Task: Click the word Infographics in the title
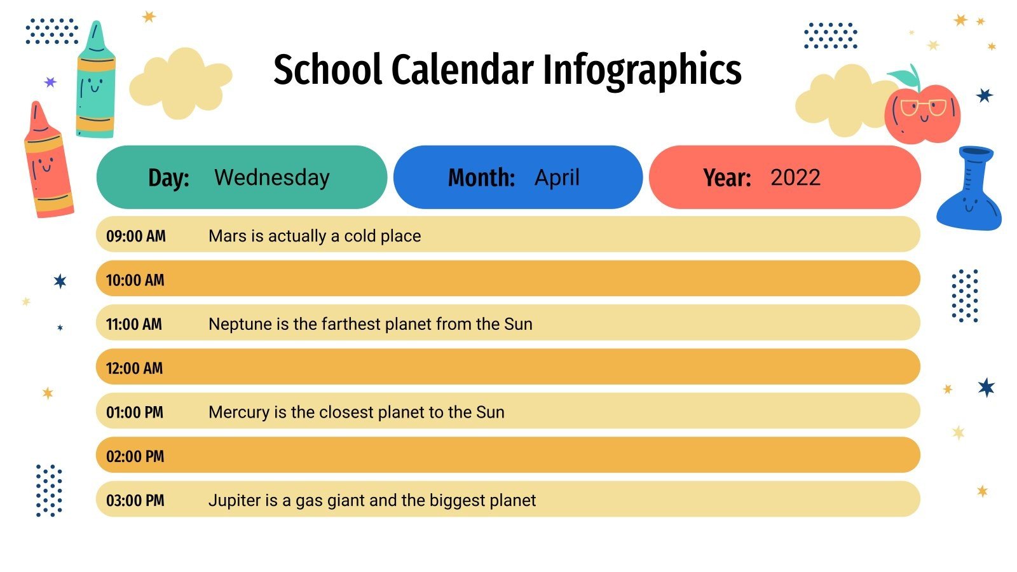pos(642,70)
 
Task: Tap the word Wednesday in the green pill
pos(272,177)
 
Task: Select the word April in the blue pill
pos(557,177)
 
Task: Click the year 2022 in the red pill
pos(795,177)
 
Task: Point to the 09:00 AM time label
pos(136,236)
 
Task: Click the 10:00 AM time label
pos(135,280)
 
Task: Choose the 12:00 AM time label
pos(135,369)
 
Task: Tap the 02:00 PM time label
pos(135,456)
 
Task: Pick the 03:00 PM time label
pos(135,501)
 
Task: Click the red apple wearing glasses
pos(923,114)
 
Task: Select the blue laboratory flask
pos(969,191)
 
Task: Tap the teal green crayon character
pos(96,83)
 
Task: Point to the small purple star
pos(50,82)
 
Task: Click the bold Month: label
pos(481,177)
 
